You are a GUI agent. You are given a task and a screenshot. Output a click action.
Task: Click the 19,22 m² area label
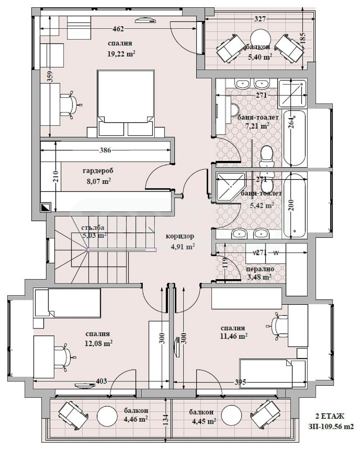[121, 53]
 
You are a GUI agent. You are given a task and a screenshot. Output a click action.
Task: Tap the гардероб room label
[98, 171]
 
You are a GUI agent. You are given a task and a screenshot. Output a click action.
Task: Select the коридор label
[180, 236]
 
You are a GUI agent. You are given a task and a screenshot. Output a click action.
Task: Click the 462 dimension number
[118, 29]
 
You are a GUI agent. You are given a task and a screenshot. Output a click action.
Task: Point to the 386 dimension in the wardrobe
[105, 150]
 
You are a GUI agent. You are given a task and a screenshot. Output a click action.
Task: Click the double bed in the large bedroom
[126, 103]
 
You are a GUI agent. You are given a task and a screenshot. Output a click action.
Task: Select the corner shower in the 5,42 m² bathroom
[230, 186]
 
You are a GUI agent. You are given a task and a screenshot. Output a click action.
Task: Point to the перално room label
[260, 269]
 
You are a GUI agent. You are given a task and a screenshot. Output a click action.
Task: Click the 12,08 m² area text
[98, 343]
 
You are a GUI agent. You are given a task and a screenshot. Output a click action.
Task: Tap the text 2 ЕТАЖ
[329, 416]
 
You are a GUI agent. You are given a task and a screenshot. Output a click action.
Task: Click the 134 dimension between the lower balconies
[166, 416]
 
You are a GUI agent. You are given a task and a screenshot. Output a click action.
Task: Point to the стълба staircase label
[93, 228]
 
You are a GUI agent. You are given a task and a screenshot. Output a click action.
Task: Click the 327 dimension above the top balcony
[261, 19]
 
